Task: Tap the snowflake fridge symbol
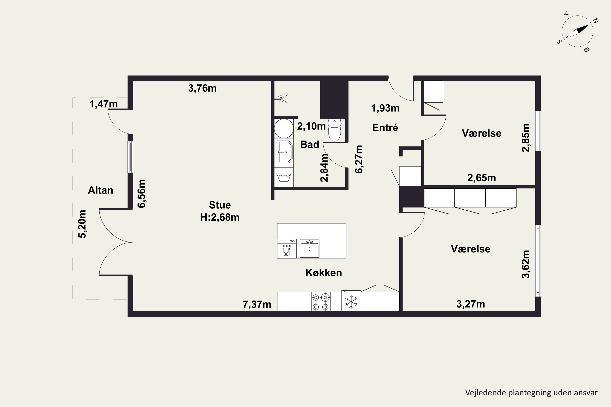point(351,302)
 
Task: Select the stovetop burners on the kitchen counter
point(321,302)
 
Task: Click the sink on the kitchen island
point(309,248)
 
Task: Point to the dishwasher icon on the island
point(287,249)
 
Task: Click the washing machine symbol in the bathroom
point(284,177)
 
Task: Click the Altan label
point(101,190)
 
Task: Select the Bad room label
point(310,144)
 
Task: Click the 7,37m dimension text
point(257,304)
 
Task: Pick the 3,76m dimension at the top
point(202,88)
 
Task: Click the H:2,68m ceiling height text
point(220,217)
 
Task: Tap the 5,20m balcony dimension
point(82,224)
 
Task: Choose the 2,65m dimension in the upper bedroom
point(482,178)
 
